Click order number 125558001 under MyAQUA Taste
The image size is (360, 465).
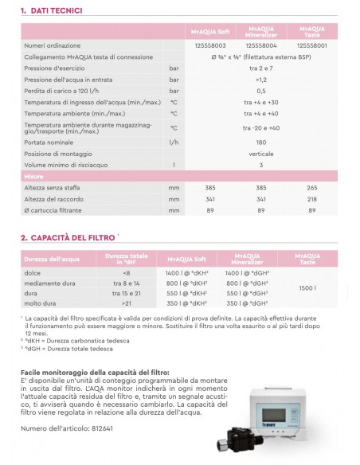pos(311,46)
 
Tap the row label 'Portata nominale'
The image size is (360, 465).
pos(47,142)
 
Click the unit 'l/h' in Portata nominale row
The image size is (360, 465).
pos(173,142)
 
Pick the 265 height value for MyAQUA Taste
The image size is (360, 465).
pos(311,187)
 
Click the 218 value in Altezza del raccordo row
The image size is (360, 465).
pos(311,198)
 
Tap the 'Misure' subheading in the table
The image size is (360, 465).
pos(33,175)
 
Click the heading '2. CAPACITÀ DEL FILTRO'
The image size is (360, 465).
pos(68,236)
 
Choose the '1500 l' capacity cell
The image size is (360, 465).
pos(311,288)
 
